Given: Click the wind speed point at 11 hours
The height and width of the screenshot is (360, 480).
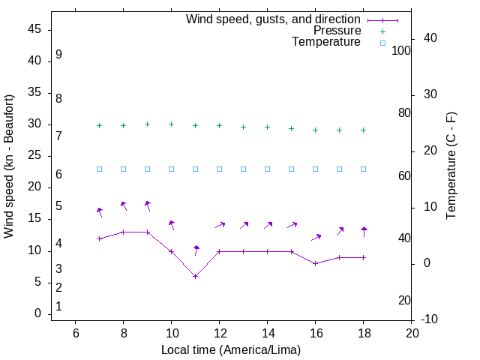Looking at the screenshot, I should click(x=195, y=276).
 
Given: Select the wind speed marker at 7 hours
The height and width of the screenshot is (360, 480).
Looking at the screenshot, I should click(x=99, y=238).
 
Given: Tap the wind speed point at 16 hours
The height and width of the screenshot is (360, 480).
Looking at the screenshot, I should click(x=315, y=263).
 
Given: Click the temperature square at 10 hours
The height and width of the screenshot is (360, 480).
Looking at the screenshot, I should click(x=171, y=169).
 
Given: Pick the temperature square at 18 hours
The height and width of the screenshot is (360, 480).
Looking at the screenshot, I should click(x=363, y=169).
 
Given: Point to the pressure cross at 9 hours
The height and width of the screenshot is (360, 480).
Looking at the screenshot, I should click(x=147, y=124).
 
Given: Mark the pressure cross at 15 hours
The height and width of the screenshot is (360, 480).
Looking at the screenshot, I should click(x=291, y=128).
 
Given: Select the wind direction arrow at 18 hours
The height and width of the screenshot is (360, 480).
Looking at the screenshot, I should click(x=364, y=232).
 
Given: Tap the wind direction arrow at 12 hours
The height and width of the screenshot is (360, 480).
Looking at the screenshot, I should click(x=220, y=224).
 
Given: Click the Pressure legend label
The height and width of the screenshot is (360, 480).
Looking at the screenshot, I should click(x=337, y=31).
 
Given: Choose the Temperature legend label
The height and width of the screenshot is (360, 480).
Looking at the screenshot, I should click(x=326, y=43).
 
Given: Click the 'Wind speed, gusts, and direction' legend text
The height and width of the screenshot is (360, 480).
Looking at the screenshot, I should click(x=274, y=19).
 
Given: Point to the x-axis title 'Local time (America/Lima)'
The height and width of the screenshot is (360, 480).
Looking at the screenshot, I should click(x=231, y=349).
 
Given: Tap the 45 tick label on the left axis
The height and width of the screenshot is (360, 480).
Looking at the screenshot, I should click(x=34, y=30).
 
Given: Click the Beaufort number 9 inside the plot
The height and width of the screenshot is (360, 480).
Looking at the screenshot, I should click(x=58, y=55).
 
